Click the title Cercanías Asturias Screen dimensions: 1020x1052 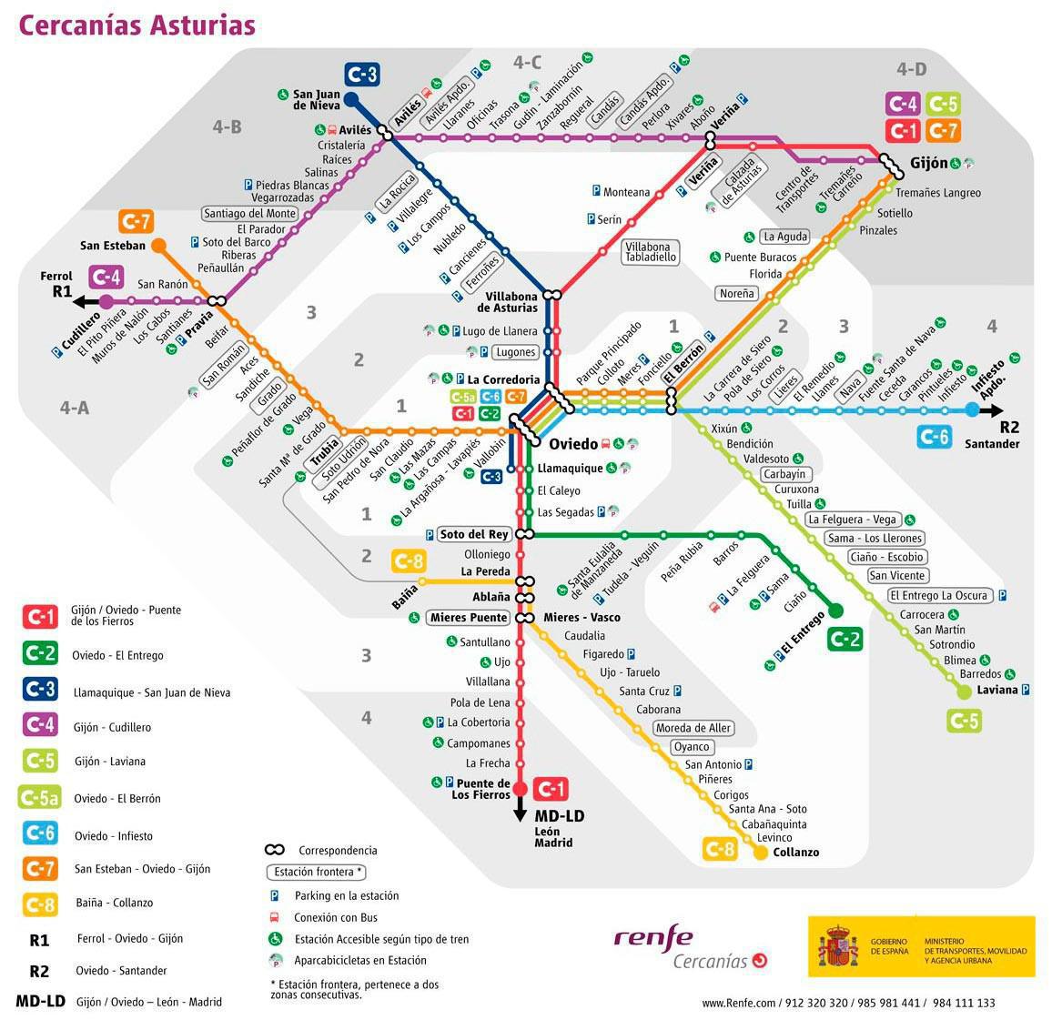(x=137, y=25)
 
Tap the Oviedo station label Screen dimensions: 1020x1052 (x=573, y=444)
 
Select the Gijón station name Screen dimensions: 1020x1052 (x=928, y=164)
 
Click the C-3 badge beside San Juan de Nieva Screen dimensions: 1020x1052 (x=361, y=74)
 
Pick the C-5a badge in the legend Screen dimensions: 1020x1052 (x=39, y=798)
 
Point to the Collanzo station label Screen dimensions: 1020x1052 (x=795, y=853)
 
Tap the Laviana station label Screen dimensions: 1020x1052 (x=997, y=690)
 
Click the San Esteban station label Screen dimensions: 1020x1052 (x=112, y=246)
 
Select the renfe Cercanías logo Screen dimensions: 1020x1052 (x=690, y=948)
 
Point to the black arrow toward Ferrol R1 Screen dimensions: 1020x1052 (x=88, y=302)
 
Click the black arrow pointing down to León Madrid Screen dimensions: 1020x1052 (x=520, y=809)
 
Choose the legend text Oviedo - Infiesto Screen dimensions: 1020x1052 (x=114, y=835)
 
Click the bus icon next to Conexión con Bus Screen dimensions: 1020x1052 (x=273, y=917)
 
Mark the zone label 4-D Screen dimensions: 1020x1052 (x=911, y=69)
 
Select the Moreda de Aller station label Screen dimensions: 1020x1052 (x=693, y=728)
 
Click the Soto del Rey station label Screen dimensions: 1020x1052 (x=473, y=534)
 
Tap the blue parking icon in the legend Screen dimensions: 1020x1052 (x=273, y=895)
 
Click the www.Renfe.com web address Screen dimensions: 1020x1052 (x=739, y=1003)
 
